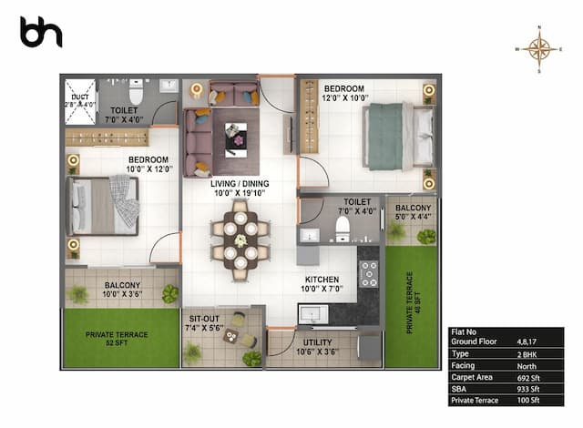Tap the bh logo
tap(41, 33)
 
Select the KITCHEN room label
tap(322, 284)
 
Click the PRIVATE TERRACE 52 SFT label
tap(119, 338)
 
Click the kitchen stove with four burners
tap(370, 273)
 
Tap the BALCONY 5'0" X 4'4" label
tap(413, 212)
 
